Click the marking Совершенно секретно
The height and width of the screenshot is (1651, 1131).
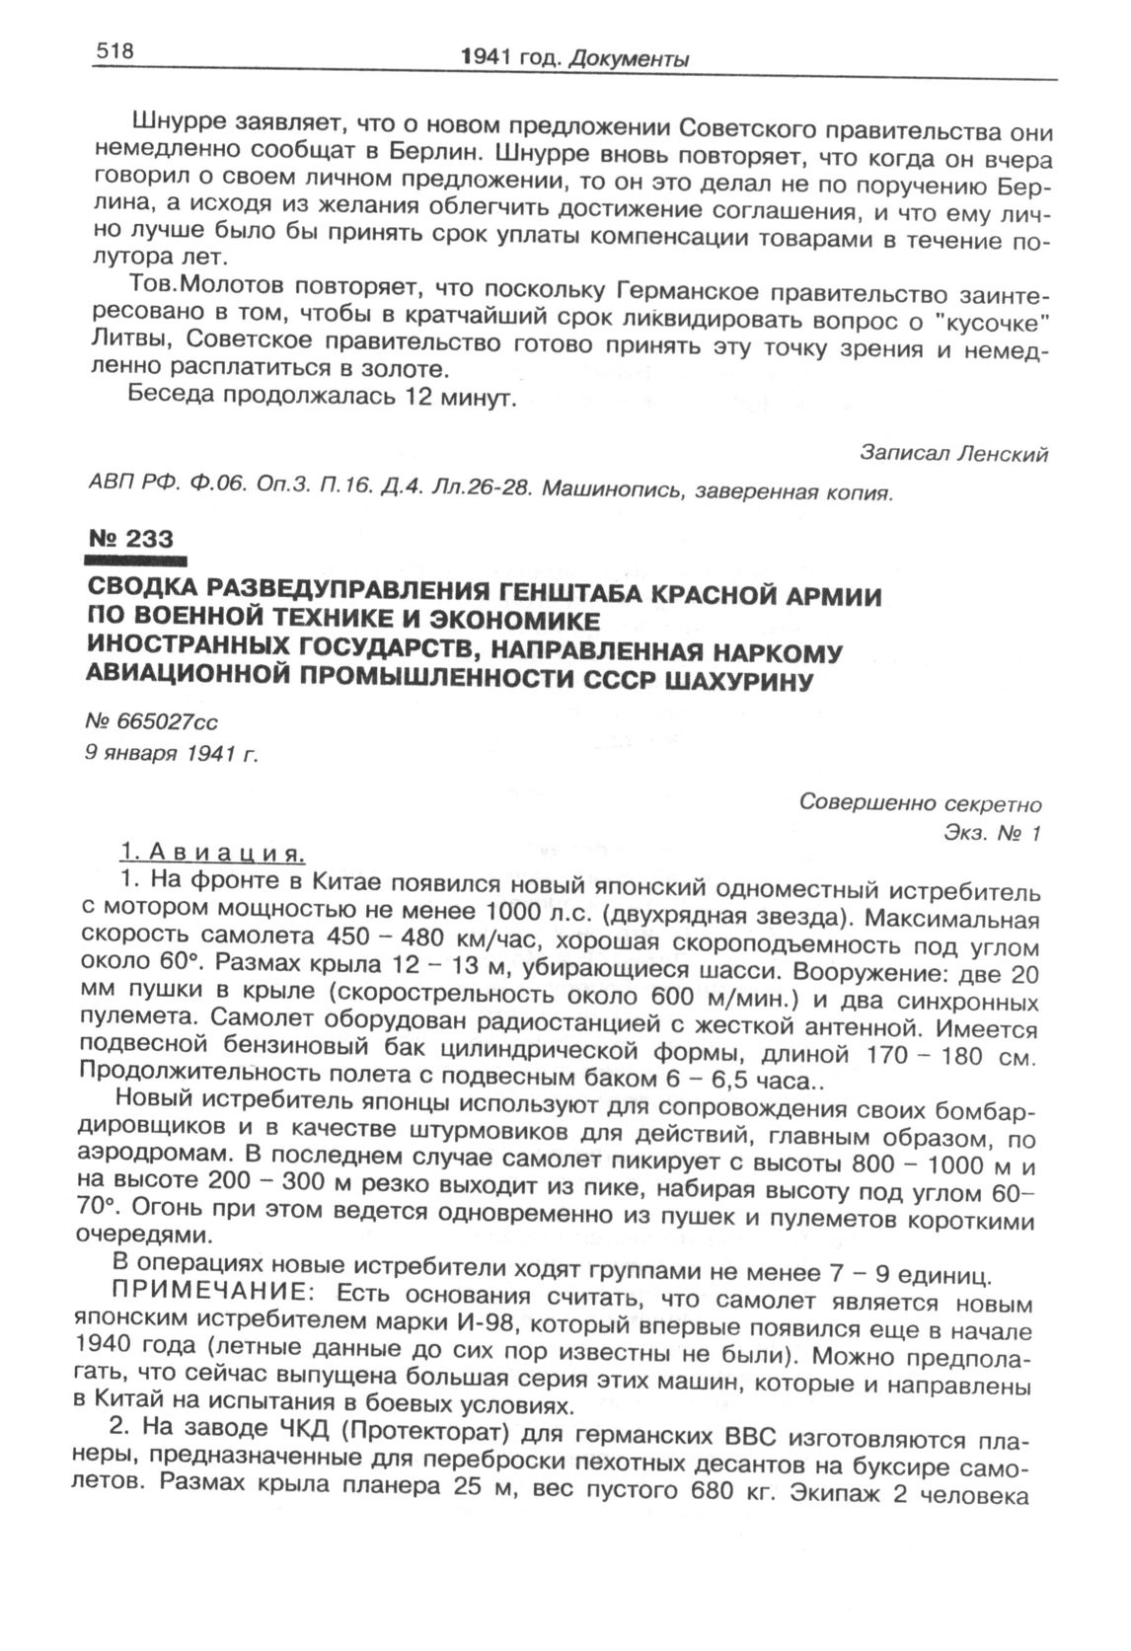pos(920,802)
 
